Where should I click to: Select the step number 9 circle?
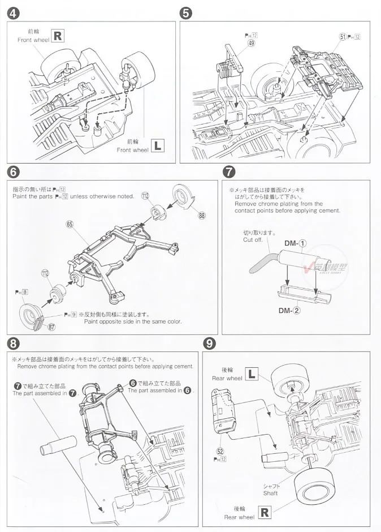(x=210, y=343)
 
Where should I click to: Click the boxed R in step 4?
(x=58, y=36)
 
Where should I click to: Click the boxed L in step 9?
(x=252, y=374)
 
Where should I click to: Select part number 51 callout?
(x=343, y=37)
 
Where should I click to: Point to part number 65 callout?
(x=70, y=225)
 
